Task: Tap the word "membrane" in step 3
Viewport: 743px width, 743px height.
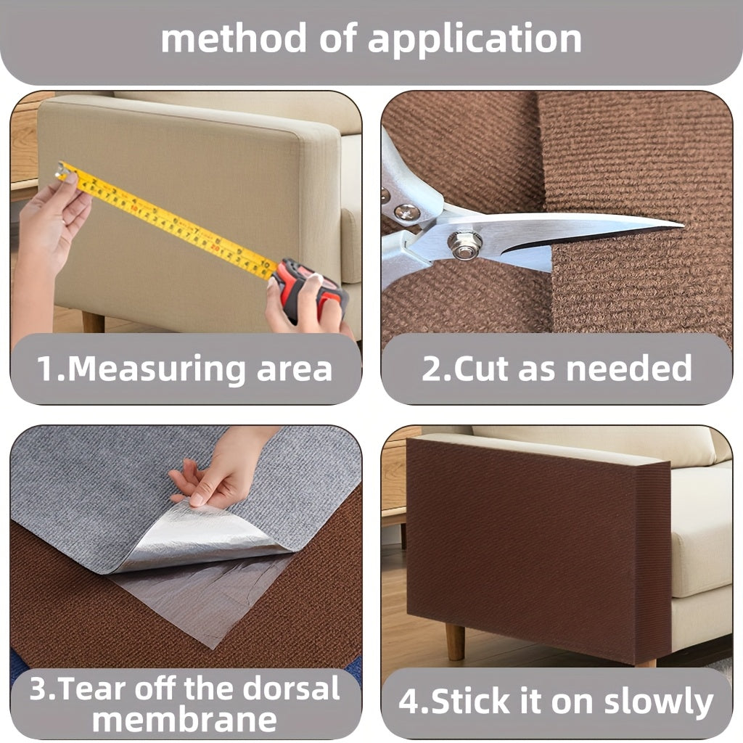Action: [184, 721]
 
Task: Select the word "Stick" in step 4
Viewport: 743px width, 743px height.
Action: [469, 701]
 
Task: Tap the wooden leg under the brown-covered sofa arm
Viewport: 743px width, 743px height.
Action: [455, 641]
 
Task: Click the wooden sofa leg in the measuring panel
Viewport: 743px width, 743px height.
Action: [93, 321]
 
